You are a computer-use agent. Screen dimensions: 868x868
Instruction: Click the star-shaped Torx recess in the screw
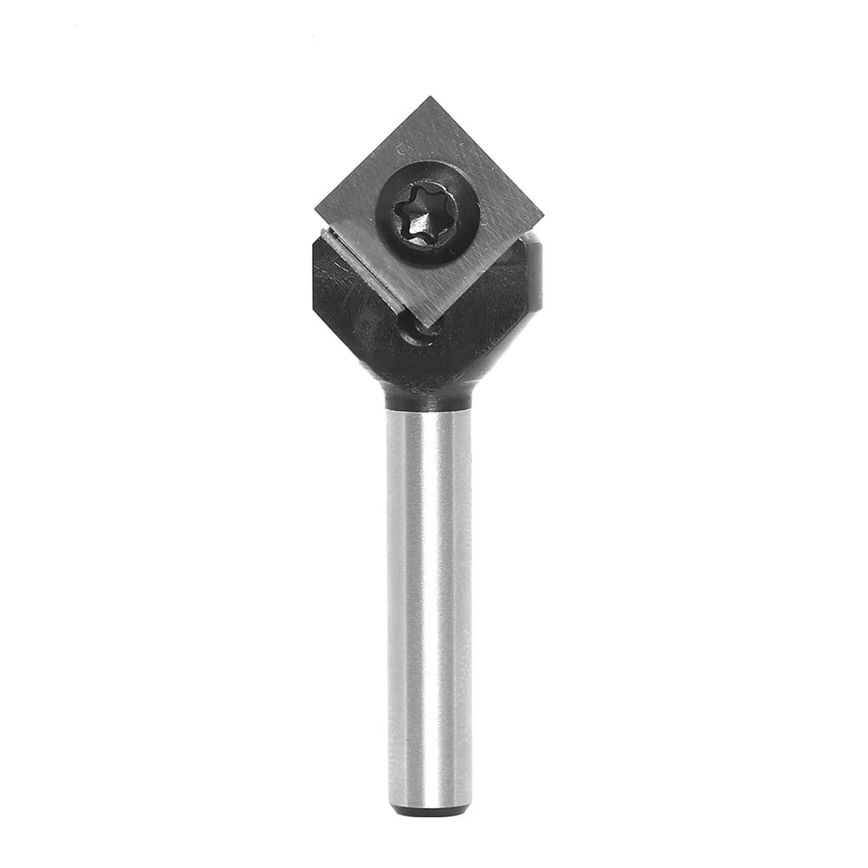[419, 211]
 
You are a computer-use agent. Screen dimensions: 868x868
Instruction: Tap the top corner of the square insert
[427, 98]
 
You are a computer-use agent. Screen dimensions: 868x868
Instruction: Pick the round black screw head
[428, 211]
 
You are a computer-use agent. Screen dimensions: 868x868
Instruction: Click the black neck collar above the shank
[429, 398]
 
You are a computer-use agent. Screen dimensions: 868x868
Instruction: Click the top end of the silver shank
[429, 416]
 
